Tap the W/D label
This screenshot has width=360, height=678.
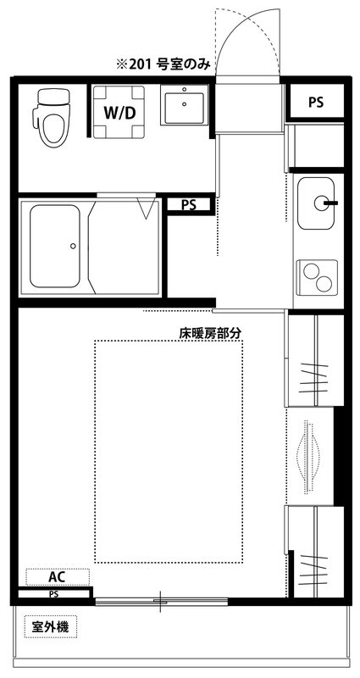[x=116, y=113]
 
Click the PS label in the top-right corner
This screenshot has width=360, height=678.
[x=316, y=103]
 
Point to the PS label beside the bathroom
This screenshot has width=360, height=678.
[x=188, y=204]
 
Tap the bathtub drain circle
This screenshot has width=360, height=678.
[x=73, y=246]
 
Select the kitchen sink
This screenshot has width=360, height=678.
[x=317, y=203]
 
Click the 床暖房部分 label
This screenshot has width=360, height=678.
[x=210, y=333]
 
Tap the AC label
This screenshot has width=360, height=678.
[x=57, y=576]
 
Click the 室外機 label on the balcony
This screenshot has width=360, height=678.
[x=50, y=628]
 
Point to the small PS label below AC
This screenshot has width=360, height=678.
[x=53, y=594]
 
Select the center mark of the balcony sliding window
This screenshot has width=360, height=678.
[x=161, y=602]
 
